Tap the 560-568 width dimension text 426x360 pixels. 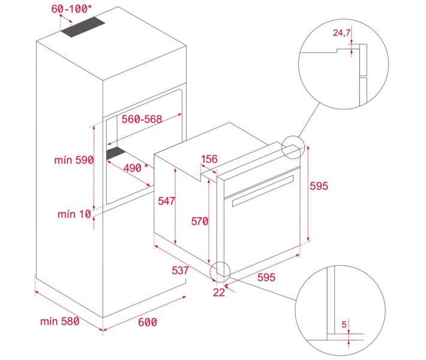[x=142, y=119]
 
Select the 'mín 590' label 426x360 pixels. [x=74, y=160]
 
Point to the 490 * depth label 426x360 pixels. [x=136, y=168]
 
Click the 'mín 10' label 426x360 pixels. [x=74, y=214]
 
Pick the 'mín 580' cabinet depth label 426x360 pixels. [x=60, y=322]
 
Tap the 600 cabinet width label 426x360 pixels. [x=148, y=322]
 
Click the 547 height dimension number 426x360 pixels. [x=167, y=201]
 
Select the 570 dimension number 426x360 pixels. [x=200, y=221]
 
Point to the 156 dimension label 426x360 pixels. [x=209, y=159]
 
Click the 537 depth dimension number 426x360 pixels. [x=180, y=271]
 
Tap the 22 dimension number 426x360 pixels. [x=219, y=292]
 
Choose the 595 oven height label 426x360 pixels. [x=319, y=186]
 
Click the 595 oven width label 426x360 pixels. [x=266, y=277]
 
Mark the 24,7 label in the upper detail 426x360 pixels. [x=341, y=33]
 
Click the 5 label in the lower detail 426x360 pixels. [x=344, y=325]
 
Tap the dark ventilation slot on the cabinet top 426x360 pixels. [x=83, y=27]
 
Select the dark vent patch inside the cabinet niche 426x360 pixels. [x=116, y=154]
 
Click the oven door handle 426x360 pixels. [x=263, y=191]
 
